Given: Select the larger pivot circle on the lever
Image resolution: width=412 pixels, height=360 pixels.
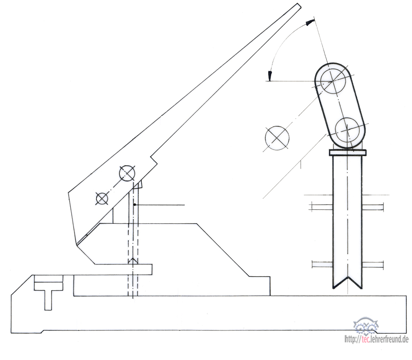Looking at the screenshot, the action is (127, 173).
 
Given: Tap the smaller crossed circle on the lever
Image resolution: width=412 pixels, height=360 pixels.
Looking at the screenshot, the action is (102, 198).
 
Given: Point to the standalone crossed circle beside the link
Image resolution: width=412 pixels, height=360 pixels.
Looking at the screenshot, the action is (277, 138).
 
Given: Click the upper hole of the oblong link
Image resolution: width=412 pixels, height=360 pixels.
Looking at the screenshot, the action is (333, 81).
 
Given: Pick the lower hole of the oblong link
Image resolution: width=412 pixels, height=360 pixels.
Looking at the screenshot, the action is (347, 129).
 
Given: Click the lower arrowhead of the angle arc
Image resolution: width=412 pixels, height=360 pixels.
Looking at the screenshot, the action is (270, 76).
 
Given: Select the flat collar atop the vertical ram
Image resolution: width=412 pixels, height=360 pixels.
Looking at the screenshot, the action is (347, 153).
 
